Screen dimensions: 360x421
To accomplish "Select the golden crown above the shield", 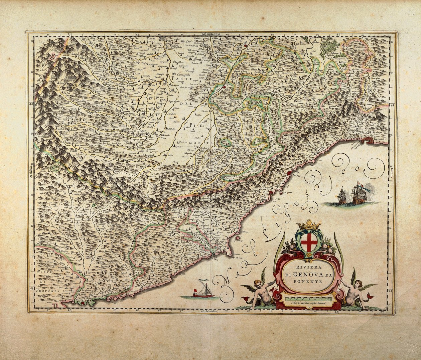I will point(309,225).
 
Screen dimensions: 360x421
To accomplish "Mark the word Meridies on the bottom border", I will point(211,311).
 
